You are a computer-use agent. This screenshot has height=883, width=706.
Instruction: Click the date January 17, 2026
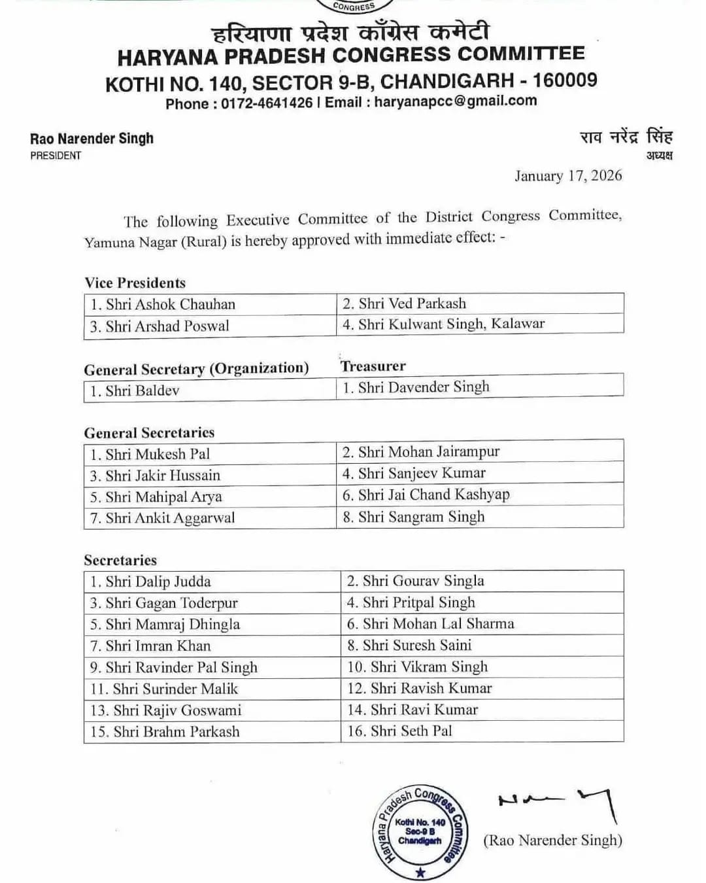tap(567, 176)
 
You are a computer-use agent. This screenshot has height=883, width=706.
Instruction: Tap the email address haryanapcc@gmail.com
tap(456, 101)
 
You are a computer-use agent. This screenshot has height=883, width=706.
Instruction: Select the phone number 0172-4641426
tap(267, 103)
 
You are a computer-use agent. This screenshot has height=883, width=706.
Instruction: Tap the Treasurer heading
tap(373, 366)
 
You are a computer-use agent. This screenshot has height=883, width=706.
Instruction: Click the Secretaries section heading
tap(120, 561)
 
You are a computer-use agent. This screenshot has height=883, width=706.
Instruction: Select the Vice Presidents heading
tap(135, 283)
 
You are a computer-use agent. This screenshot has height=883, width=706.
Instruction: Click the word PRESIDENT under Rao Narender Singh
tap(56, 156)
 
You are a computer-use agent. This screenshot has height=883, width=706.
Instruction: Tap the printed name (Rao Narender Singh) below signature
tap(552, 840)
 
